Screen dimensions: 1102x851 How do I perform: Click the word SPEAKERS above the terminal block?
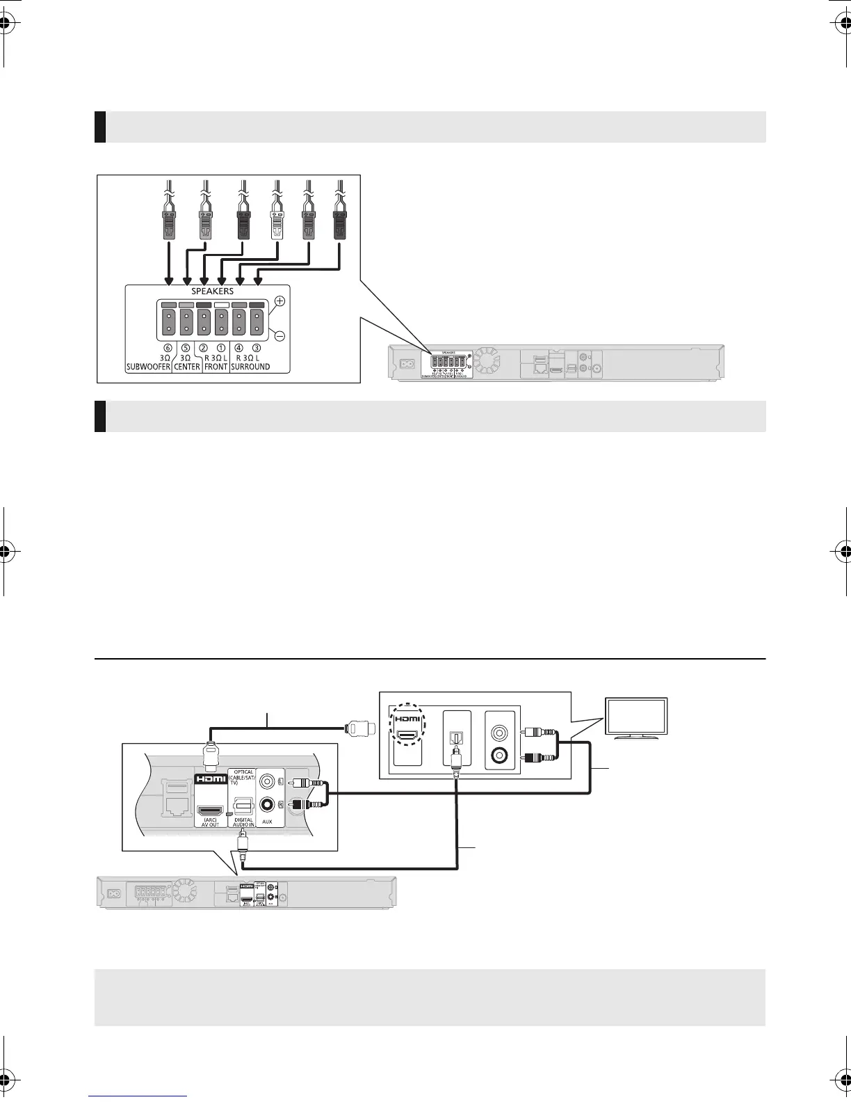(213, 292)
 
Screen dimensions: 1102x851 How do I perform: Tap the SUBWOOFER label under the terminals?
(148, 367)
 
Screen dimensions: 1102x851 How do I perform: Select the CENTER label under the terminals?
(187, 367)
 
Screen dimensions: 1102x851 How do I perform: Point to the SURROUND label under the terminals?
(250, 367)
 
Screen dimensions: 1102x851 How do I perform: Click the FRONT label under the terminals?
(216, 367)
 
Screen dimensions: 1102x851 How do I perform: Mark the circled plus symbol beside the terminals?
(279, 301)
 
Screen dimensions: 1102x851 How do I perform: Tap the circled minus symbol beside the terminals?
(279, 335)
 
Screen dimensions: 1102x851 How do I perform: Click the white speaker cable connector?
(277, 222)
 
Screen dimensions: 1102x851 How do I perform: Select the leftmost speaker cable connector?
(168, 222)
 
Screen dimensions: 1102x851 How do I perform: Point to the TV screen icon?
(637, 717)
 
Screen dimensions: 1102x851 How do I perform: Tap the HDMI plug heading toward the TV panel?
(362, 728)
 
